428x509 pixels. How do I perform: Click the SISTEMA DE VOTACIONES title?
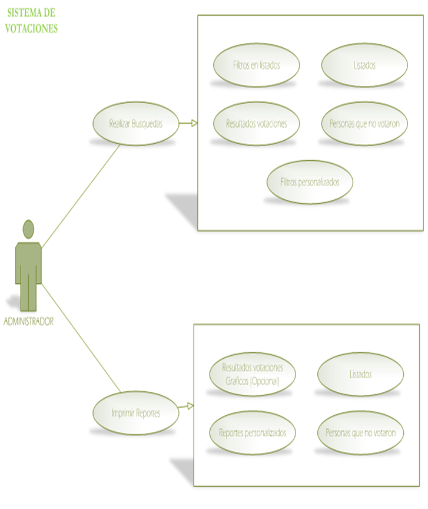coord(32,21)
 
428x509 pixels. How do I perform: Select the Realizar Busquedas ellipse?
coord(135,124)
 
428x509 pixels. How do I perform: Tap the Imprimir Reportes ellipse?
coord(135,413)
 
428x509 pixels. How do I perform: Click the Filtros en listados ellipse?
coord(256,65)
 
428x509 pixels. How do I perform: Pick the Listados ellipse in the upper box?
coord(364,65)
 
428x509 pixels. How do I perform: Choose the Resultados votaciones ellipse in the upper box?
coord(256,124)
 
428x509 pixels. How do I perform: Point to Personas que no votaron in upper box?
coord(364,124)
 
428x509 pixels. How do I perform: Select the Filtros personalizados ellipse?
coord(310,182)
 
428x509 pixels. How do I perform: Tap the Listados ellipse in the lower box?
coord(360,374)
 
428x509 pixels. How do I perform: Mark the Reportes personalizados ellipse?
coord(253,432)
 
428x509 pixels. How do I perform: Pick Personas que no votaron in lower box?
coord(360,432)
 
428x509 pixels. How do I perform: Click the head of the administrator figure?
coord(28,229)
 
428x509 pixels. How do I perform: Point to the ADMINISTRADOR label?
coord(28,322)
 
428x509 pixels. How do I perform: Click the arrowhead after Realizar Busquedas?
coord(194,124)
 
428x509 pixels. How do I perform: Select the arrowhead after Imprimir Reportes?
coord(190,406)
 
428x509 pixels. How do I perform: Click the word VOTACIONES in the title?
coord(32,28)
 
